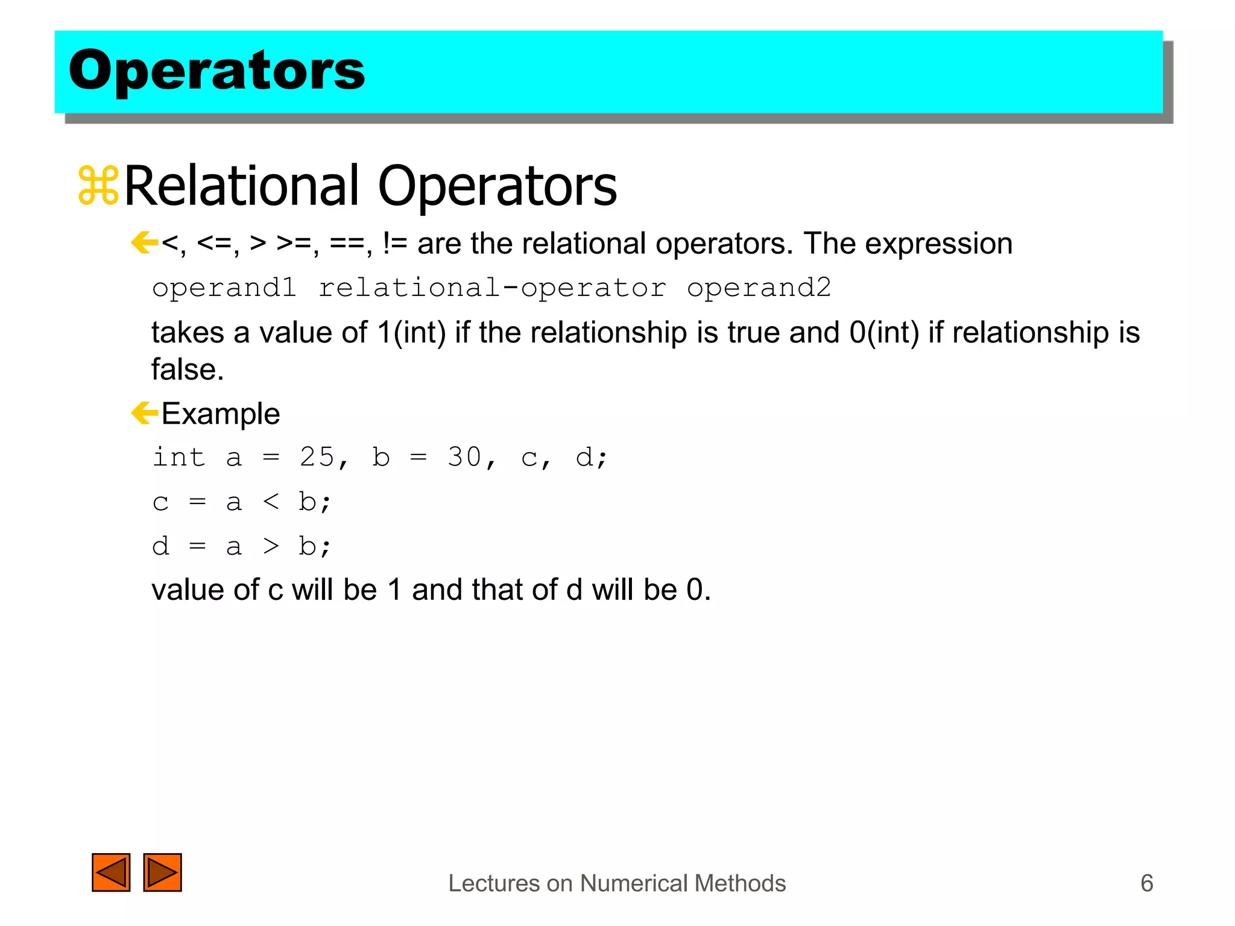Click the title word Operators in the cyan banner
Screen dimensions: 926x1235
click(216, 71)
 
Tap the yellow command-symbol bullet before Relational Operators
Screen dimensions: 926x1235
click(98, 186)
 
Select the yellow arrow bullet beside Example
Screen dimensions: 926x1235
click(144, 414)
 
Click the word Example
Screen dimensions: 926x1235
click(221, 414)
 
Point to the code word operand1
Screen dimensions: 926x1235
click(224, 288)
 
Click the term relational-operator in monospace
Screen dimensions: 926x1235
click(491, 288)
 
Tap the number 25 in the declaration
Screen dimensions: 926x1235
click(317, 457)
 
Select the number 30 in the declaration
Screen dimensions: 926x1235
click(464, 457)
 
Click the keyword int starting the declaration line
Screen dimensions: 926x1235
click(178, 457)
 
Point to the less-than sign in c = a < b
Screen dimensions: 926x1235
click(271, 502)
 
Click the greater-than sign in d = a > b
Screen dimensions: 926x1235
click(271, 546)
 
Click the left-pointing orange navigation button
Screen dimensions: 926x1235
click(111, 872)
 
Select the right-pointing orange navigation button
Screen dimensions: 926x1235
click(162, 872)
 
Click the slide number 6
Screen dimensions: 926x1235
click(1146, 883)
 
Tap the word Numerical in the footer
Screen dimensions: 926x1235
click(631, 883)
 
